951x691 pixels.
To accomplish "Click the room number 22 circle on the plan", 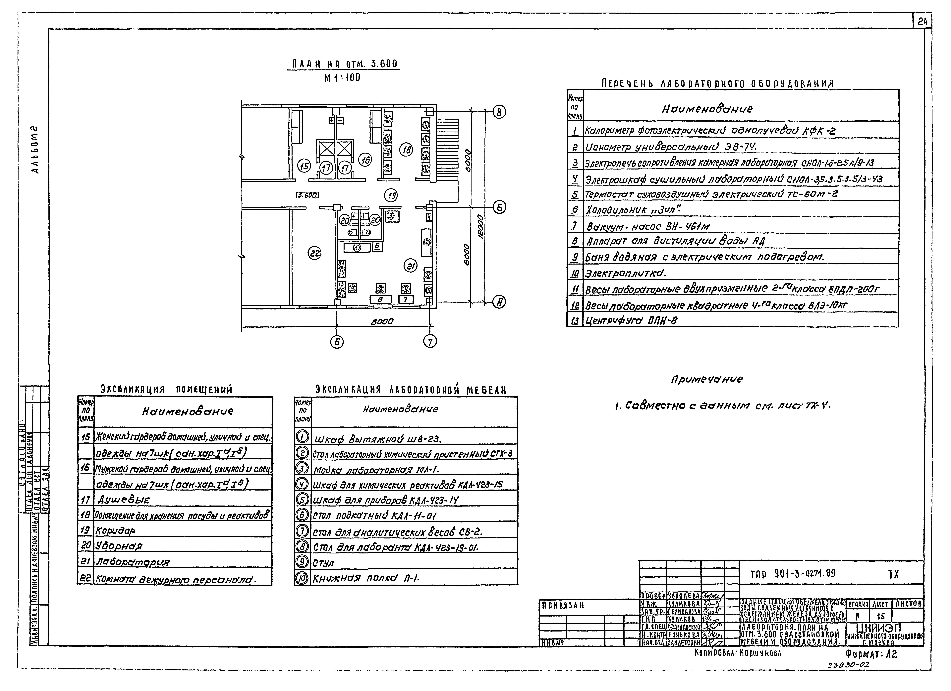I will click(314, 253).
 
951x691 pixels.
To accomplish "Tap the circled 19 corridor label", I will click(391, 195).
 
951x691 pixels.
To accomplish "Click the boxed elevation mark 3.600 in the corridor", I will click(307, 195).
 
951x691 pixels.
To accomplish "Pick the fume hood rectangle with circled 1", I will click(357, 248).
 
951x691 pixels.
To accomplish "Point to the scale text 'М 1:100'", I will click(342, 78).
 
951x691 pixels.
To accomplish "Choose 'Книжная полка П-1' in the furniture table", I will click(366, 578).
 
